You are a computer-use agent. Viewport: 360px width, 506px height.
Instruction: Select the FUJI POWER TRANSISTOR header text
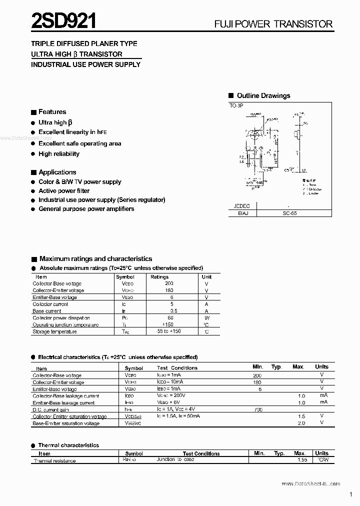(273, 24)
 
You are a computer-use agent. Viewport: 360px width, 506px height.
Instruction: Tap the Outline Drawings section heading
(263, 95)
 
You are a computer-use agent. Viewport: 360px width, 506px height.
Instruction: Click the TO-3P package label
(237, 106)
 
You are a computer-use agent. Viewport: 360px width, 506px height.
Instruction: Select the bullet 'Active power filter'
(64, 190)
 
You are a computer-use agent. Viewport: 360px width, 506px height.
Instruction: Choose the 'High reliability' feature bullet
(58, 154)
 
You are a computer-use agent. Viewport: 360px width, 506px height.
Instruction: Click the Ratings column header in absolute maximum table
(159, 276)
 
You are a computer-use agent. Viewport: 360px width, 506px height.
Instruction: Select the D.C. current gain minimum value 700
(257, 409)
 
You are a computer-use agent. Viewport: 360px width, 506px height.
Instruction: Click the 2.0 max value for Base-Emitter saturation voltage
(301, 423)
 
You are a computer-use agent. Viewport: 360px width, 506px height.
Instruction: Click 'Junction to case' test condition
(175, 459)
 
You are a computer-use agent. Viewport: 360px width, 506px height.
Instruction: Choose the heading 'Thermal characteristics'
(68, 445)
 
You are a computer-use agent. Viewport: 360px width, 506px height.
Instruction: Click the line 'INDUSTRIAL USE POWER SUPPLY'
(85, 64)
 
